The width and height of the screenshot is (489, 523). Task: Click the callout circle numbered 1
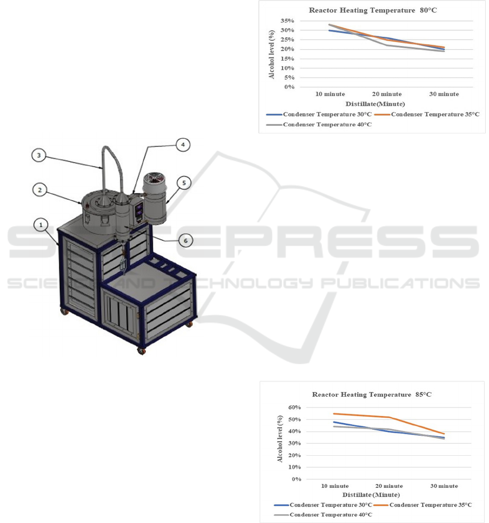coord(41,225)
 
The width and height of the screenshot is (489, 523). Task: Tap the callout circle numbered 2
coord(40,190)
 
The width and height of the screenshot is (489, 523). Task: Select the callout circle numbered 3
coord(39,155)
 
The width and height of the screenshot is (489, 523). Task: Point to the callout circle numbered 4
coord(183,145)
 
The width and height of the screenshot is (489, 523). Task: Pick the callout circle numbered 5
coord(184,183)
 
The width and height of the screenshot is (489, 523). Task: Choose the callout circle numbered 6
coord(186,240)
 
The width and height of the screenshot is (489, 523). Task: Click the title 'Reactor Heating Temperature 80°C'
coord(373,10)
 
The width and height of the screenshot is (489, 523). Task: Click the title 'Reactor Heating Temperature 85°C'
coord(372,394)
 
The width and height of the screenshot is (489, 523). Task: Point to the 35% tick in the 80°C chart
coord(287,21)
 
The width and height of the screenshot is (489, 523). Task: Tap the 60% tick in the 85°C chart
coord(295,407)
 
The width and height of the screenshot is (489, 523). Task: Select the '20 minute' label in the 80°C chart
coord(387,94)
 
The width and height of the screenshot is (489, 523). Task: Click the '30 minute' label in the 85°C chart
coord(444,486)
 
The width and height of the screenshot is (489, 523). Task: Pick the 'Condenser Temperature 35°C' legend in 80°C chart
coord(427,114)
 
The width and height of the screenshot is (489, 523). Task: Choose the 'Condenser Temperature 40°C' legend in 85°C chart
coord(323,515)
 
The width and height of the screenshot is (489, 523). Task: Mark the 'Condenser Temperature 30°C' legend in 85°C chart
coord(323,505)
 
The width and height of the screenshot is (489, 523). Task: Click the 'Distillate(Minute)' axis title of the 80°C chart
coord(375,104)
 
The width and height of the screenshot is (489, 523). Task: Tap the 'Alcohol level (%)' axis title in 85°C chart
coord(280,438)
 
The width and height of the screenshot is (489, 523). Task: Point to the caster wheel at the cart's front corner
coord(142,351)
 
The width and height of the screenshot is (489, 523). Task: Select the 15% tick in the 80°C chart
coord(287,59)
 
